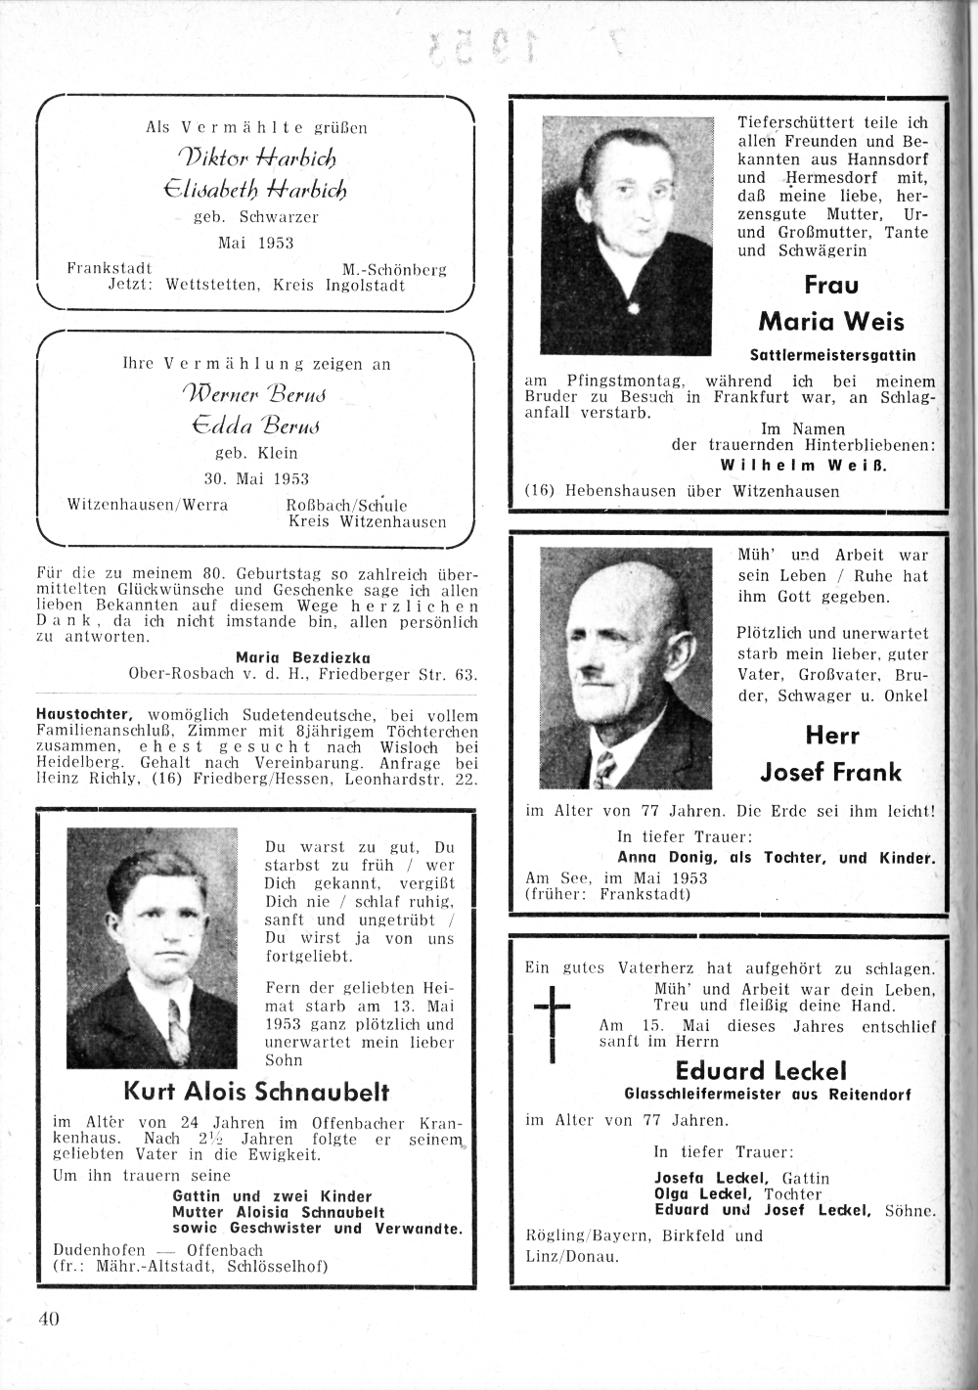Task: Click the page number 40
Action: (50, 1318)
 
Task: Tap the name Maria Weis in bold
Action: (830, 321)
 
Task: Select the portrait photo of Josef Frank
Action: (627, 669)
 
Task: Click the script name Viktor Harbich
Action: (257, 156)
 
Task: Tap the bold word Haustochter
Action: (83, 714)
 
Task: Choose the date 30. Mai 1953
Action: (255, 479)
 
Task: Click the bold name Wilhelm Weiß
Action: (803, 465)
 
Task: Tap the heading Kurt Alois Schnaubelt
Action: (256, 1091)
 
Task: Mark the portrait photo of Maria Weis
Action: (627, 236)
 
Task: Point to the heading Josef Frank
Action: (830, 773)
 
